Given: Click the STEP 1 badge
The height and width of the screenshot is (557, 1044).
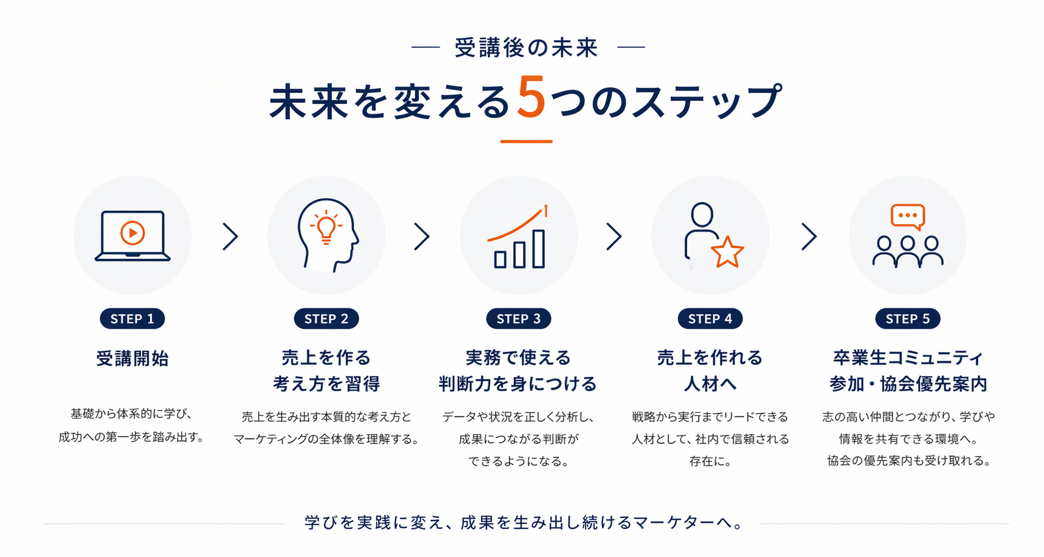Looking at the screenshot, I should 132,319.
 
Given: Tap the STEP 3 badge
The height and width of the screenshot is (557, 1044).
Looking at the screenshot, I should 518,319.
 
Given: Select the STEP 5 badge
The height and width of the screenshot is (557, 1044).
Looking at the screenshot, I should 907,319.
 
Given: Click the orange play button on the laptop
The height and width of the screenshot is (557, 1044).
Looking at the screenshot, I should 133,233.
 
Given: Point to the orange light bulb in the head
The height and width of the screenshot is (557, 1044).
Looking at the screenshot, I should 327,227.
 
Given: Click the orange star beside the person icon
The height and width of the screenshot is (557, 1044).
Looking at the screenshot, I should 728,252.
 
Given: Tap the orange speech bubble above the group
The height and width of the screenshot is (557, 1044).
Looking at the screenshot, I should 908,216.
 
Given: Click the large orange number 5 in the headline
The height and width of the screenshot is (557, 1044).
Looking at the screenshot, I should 531,98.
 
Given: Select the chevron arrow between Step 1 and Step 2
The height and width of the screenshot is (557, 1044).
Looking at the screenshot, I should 230,237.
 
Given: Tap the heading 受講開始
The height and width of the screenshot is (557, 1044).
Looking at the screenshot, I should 133,359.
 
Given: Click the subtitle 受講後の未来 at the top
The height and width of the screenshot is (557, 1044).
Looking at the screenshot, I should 527,47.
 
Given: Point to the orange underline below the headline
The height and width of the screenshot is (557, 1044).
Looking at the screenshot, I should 526,142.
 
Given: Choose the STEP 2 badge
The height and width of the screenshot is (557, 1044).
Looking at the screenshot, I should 327,319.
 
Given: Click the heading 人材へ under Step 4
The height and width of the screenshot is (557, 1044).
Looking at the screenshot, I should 710,384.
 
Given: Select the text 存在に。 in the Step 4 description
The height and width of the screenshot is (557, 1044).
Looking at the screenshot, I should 710,461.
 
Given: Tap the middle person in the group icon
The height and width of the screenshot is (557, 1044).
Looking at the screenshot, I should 908,251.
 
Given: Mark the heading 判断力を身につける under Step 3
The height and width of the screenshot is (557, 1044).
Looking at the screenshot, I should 518,384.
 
